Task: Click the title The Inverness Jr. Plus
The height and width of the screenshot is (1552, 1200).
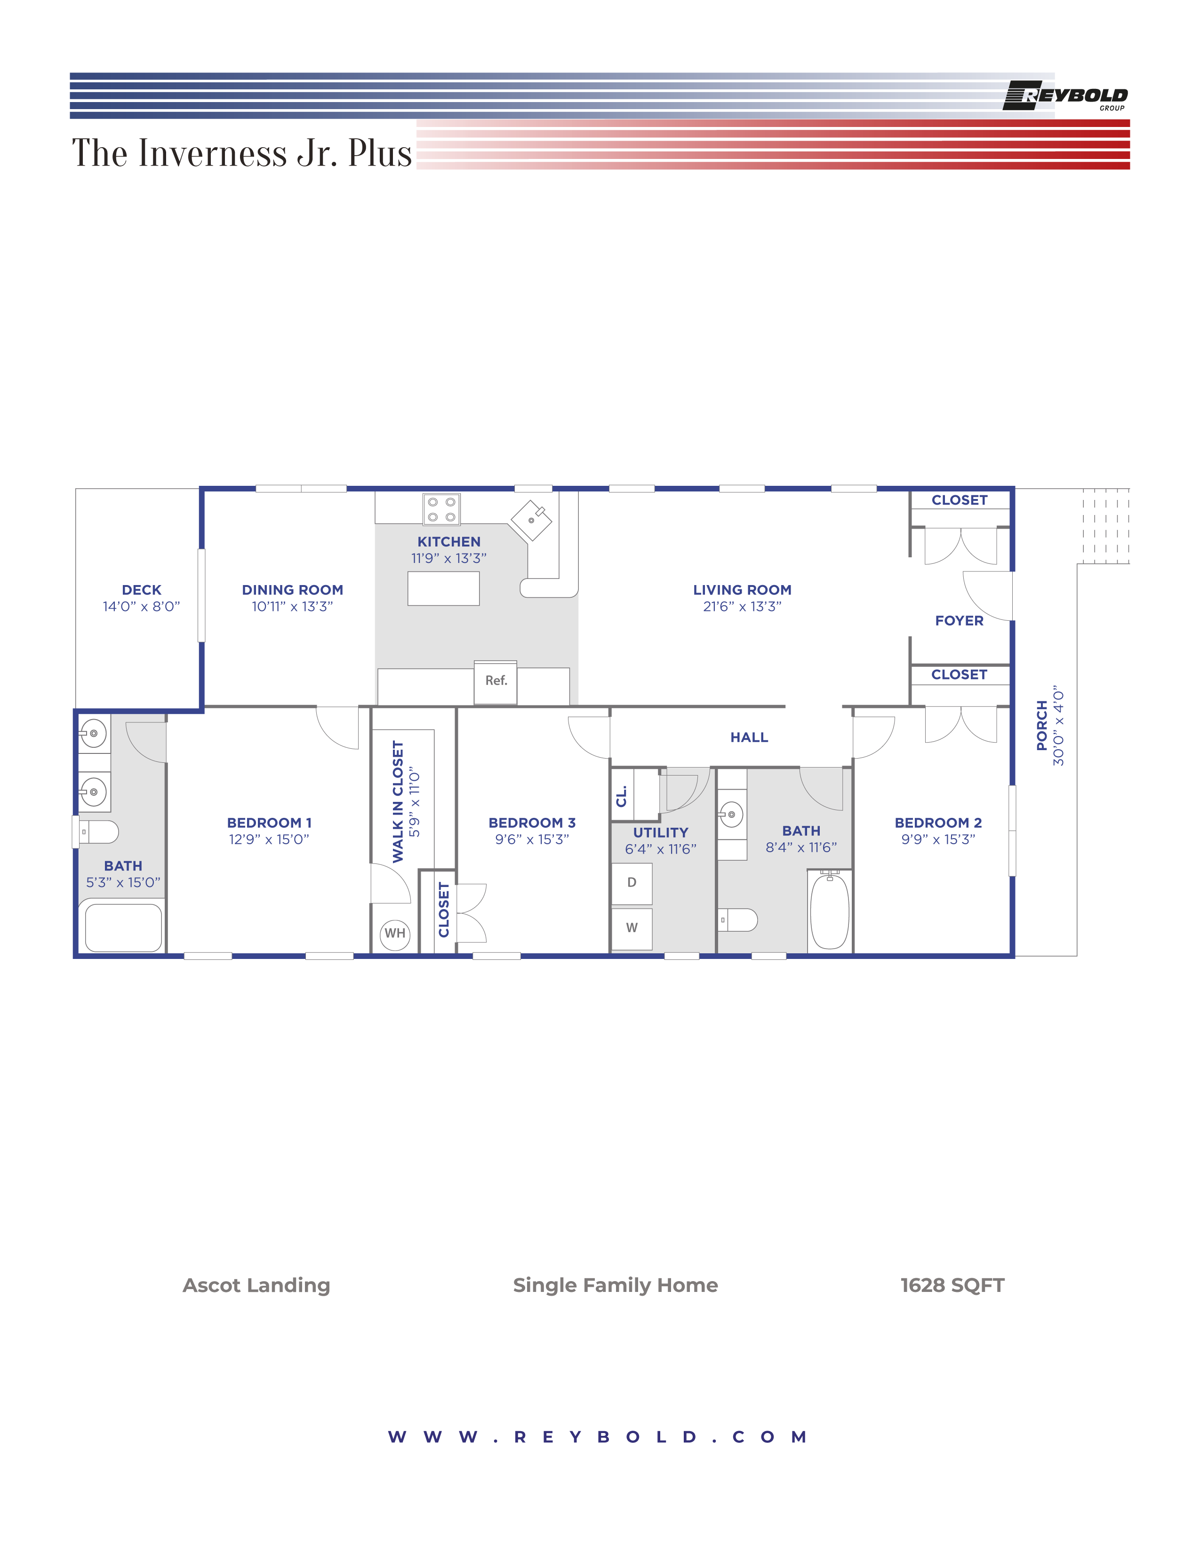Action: (x=242, y=153)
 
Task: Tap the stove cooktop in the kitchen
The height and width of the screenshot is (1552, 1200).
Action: (x=441, y=509)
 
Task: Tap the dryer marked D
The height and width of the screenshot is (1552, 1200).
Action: (x=631, y=883)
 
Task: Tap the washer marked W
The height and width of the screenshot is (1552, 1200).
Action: (x=631, y=928)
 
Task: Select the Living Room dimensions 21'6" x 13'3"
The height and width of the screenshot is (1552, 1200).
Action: (x=742, y=606)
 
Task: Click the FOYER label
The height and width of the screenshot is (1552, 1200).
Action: (x=959, y=620)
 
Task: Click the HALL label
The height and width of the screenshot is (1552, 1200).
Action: (x=749, y=737)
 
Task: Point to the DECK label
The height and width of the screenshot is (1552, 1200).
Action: (x=142, y=590)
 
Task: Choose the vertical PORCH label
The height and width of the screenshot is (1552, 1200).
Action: (x=1041, y=726)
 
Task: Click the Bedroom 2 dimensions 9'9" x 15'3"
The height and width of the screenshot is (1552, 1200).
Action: (x=938, y=839)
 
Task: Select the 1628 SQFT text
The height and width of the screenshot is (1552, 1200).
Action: (x=952, y=1285)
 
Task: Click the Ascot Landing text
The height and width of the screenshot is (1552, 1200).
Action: (x=256, y=1285)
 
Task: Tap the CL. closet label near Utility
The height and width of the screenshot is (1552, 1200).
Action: (x=621, y=796)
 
